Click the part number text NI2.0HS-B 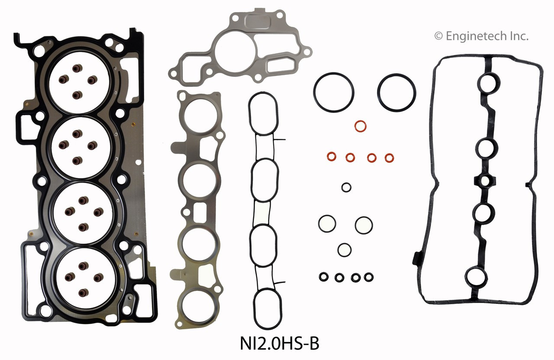pyautogui.click(x=279, y=345)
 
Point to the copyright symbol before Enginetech pyautogui.click(x=439, y=36)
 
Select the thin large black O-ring pyautogui.click(x=334, y=92)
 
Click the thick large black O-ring pyautogui.click(x=396, y=92)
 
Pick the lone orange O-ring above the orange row pyautogui.click(x=360, y=126)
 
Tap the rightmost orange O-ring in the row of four pyautogui.click(x=390, y=157)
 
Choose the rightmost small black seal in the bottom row pyautogui.click(x=369, y=277)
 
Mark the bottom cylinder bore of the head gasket pyautogui.click(x=82, y=279)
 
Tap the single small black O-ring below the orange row pyautogui.click(x=346, y=187)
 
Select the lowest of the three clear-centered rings pyautogui.click(x=345, y=249)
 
